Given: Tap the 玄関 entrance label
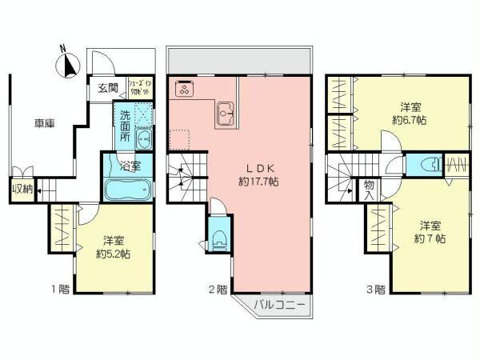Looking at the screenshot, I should coord(108,87).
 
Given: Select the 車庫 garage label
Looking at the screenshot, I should coord(44,123).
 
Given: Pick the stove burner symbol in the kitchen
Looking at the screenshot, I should coord(182,89).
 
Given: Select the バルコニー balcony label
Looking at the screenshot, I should coord(279,304).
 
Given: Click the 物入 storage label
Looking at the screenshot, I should coord(370,190).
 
